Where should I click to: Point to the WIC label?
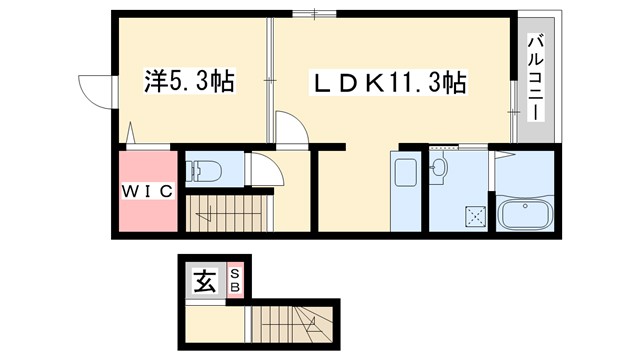coord(147,190)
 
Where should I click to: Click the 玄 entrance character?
coord(204,282)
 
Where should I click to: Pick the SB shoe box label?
coord(236,281)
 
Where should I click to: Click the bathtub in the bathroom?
coord(525,215)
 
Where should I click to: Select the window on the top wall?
coord(314,13)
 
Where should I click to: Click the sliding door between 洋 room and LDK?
coord(270,80)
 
